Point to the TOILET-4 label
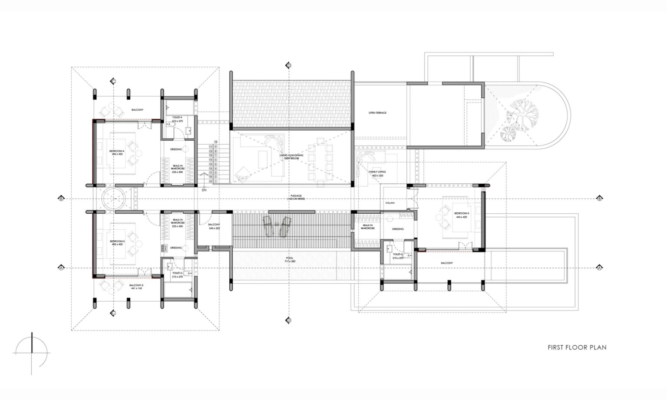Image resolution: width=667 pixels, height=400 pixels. (x=177, y=117)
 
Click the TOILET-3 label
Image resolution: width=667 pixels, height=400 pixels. (x=177, y=273)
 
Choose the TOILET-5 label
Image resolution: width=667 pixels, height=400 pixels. (x=398, y=255)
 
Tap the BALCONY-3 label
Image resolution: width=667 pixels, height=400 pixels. (x=136, y=285)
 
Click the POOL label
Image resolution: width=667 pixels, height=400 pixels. (x=290, y=258)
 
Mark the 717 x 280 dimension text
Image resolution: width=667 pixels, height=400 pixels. (x=290, y=261)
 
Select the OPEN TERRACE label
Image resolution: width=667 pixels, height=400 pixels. (x=377, y=113)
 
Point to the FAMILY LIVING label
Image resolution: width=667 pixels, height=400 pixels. (x=377, y=172)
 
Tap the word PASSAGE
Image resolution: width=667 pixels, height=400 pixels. (x=297, y=196)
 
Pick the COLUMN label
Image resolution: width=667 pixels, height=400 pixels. (x=389, y=203)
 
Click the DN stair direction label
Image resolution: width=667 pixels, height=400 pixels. (x=204, y=190)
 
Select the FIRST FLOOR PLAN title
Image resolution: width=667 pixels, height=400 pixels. (x=577, y=347)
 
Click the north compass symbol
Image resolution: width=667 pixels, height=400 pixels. (x=32, y=353)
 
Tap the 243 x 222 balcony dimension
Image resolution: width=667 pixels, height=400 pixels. (x=214, y=228)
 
